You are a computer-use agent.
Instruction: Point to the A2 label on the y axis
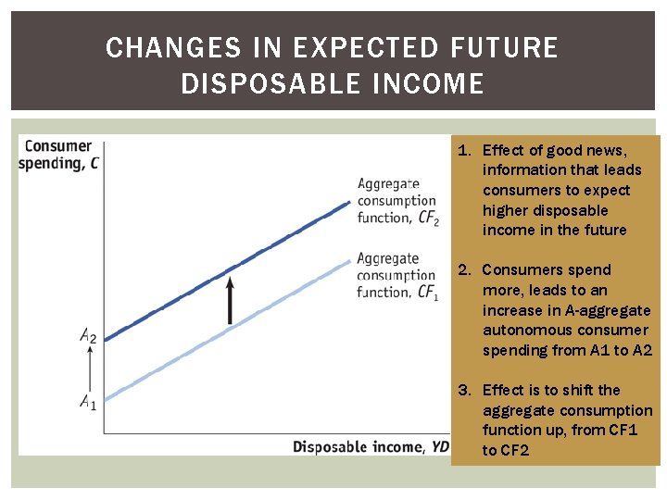pos(88,336)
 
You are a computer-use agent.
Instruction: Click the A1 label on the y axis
pos(88,402)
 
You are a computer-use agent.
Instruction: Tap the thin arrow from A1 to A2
pos(89,369)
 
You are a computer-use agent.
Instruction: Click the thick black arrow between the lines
pos(230,296)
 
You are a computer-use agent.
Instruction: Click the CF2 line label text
pos(397,201)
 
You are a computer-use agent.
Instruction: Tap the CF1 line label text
pos(396,275)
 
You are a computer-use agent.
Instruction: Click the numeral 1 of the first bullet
pos(464,150)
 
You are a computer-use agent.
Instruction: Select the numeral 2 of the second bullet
pos(464,270)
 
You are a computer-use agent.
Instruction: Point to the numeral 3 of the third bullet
pos(464,391)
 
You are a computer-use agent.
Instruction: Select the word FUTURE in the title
pos(508,48)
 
